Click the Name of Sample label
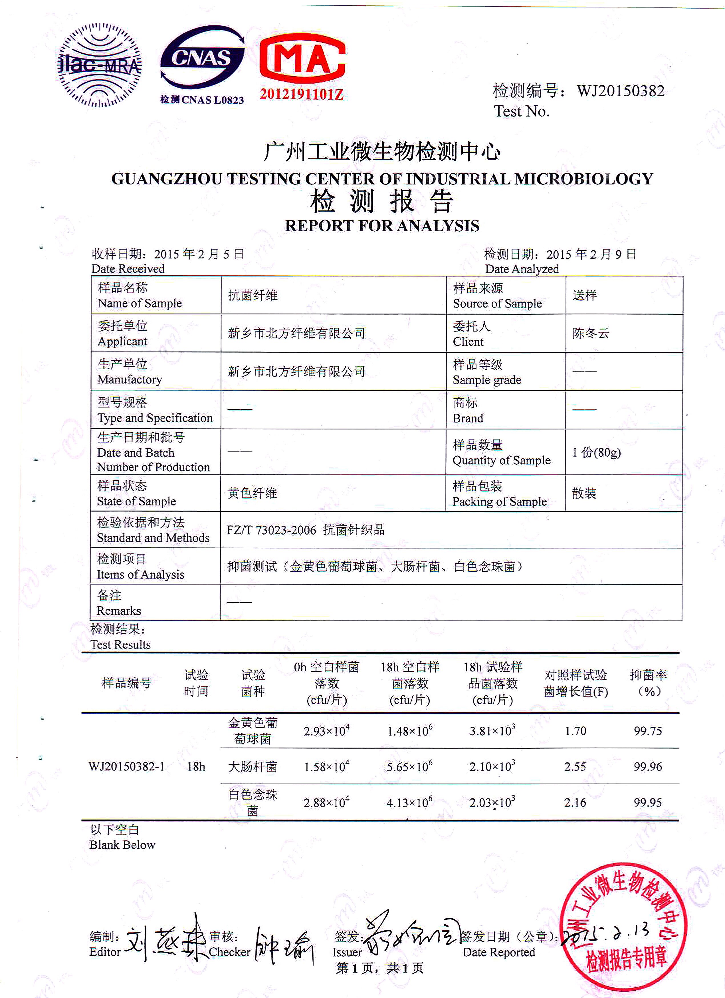[139, 303]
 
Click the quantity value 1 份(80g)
[596, 452]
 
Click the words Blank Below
[122, 845]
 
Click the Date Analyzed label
[522, 269]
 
